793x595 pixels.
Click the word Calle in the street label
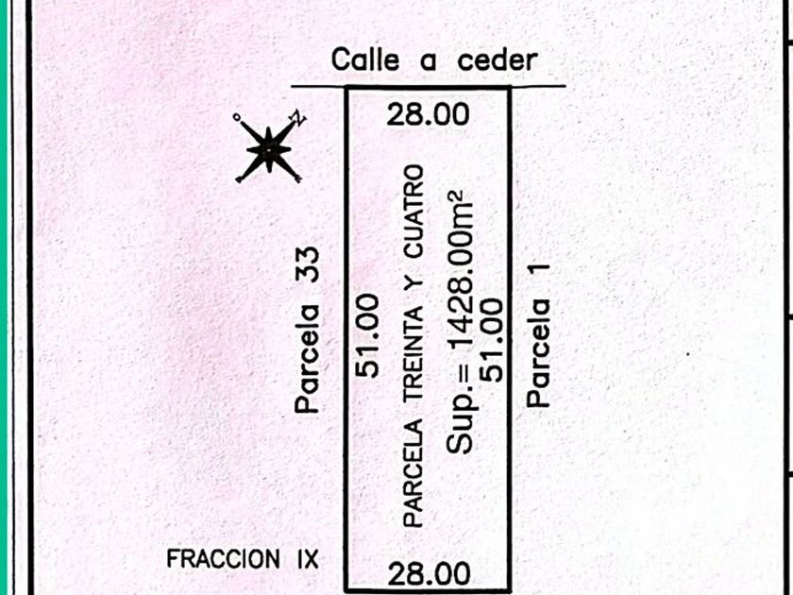pos(365,59)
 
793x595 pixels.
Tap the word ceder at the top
pos(498,60)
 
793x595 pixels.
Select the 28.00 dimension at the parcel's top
pos(428,114)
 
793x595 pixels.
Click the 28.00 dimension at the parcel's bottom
pos(429,574)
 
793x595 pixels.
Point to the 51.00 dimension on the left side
pos(367,335)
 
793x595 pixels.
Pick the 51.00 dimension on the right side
pos(493,340)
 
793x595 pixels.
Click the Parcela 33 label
pos(308,330)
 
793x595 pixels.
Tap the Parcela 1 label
pos(537,335)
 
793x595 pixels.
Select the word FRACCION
pos(223,559)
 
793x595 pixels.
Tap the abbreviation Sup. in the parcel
pos(462,414)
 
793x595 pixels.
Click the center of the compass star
pos(268,149)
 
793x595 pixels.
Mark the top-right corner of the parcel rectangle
pos(509,89)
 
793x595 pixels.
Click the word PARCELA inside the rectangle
pos(413,473)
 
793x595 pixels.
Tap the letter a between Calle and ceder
pos(428,62)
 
